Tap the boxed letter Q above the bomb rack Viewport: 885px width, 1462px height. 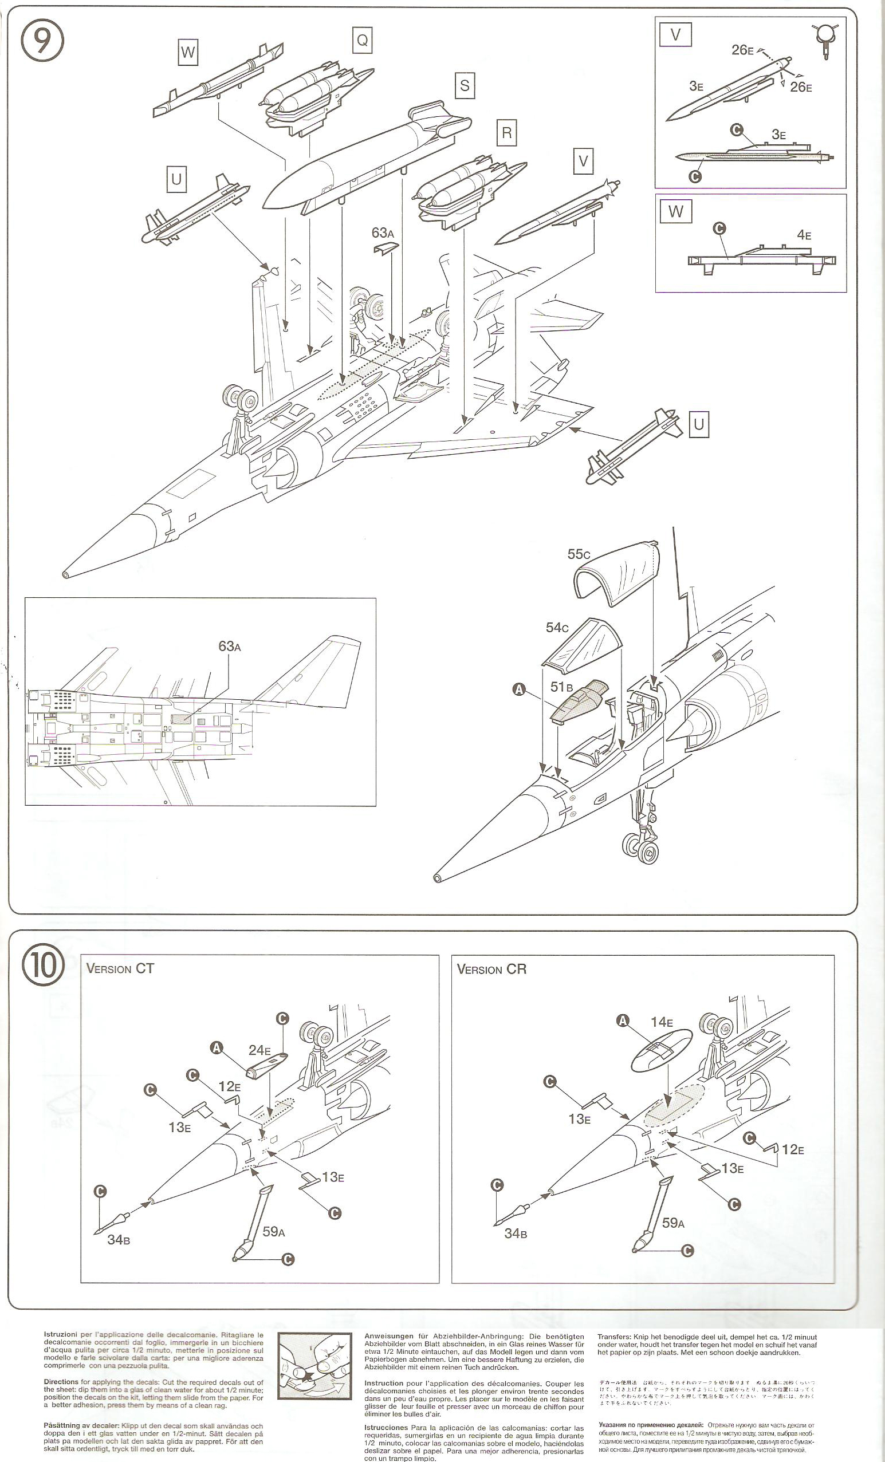[x=361, y=40]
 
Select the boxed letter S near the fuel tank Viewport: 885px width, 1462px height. [x=464, y=85]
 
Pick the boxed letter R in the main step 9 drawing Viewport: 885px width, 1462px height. [x=506, y=132]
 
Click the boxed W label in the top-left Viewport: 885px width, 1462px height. [x=187, y=52]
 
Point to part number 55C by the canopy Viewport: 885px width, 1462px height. [x=579, y=554]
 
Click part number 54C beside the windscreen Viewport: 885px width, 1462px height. [x=557, y=627]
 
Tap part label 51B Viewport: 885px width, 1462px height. [x=561, y=687]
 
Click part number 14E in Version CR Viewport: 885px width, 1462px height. [x=662, y=1022]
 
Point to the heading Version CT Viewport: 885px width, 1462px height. [x=120, y=969]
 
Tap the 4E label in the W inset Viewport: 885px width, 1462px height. [x=804, y=235]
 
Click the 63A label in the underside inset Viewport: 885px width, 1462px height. [x=230, y=646]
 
